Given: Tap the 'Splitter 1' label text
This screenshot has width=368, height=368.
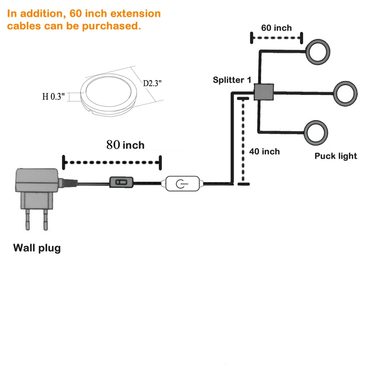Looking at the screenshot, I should click(x=232, y=80).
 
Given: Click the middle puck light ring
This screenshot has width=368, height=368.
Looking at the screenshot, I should click(x=345, y=93).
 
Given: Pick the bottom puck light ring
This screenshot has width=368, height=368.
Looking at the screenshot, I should click(x=316, y=132).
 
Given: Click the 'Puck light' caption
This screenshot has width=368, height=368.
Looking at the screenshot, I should click(x=336, y=156).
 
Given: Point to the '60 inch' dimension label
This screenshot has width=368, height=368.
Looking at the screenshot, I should click(x=276, y=28).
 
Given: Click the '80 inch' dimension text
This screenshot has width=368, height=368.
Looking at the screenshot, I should click(x=125, y=145).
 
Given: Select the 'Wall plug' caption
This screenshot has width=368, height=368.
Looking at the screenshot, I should click(x=37, y=248).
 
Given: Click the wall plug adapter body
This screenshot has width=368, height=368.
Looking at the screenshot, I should click(x=37, y=182).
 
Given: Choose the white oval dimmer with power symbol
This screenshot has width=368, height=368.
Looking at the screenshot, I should click(x=183, y=184).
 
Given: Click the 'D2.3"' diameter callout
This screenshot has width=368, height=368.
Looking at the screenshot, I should click(x=152, y=83).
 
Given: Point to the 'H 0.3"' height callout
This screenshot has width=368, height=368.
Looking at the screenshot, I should click(x=55, y=97).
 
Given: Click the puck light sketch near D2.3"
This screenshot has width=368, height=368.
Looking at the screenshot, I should click(x=108, y=91).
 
